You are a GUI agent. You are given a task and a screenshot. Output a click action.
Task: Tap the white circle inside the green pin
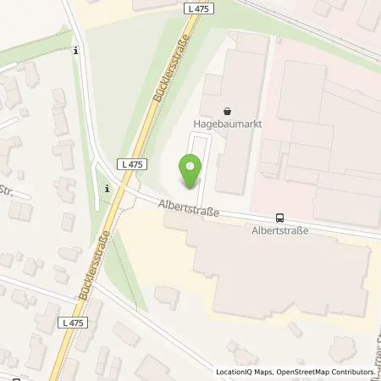point(191,166)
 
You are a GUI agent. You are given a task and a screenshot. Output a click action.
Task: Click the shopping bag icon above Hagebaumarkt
point(227,110)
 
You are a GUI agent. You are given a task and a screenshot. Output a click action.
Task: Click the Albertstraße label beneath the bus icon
point(281,229)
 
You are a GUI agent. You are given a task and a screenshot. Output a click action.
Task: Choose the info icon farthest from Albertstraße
point(77,51)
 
